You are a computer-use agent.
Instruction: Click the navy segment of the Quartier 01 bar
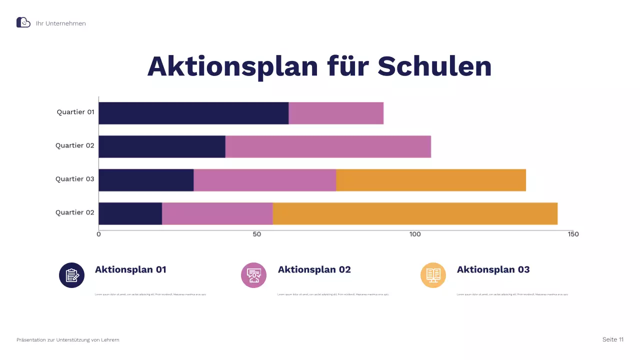(x=193, y=113)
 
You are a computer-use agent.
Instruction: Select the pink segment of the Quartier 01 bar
(x=336, y=113)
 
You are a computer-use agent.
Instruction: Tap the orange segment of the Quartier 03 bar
(x=431, y=180)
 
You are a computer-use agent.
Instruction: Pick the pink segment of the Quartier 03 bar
(x=265, y=180)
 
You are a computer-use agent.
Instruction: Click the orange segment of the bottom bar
(x=415, y=213)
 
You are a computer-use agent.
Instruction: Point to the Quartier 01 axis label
(x=75, y=112)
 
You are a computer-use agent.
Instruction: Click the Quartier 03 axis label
(x=75, y=179)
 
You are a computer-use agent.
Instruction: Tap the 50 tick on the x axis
(x=257, y=234)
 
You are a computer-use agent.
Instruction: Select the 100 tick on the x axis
(x=415, y=234)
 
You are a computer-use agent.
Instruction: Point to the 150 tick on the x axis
(x=573, y=234)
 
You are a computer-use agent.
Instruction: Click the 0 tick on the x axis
(x=98, y=234)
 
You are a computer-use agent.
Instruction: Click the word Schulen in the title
(x=434, y=66)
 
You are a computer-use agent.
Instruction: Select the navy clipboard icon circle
(x=71, y=275)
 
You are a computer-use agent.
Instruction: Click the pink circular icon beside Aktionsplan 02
(x=254, y=275)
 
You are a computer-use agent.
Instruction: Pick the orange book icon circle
(x=433, y=275)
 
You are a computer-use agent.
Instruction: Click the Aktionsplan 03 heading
(x=493, y=269)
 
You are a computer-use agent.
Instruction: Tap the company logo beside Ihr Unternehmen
(x=23, y=22)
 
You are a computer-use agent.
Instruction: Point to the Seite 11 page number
(x=613, y=339)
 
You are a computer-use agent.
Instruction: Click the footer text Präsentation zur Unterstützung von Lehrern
(x=68, y=340)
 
